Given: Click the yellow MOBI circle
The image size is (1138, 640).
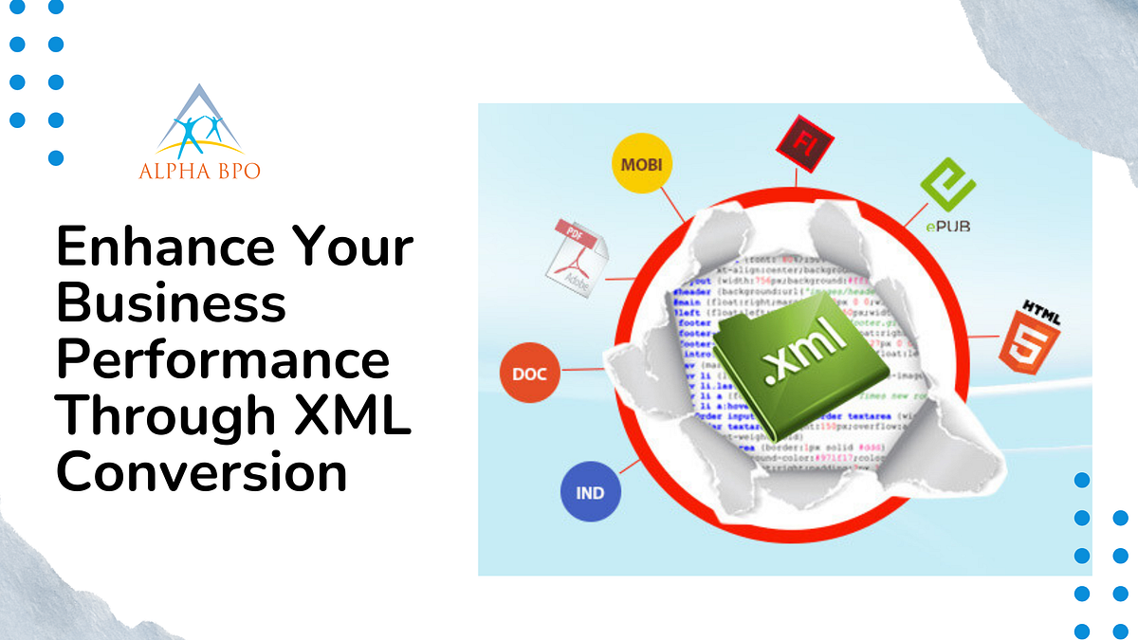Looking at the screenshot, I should tap(642, 164).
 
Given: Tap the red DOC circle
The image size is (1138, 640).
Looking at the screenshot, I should tap(529, 373).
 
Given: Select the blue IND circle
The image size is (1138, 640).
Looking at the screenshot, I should tap(590, 492).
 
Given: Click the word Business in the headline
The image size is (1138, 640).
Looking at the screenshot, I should tap(172, 303).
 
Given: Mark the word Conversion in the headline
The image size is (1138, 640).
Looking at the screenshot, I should tap(202, 472).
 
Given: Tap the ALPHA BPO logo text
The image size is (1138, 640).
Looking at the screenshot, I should tap(199, 171).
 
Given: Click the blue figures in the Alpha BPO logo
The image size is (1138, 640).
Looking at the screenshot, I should tap(198, 134).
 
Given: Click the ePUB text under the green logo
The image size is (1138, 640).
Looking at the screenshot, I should tap(948, 226).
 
